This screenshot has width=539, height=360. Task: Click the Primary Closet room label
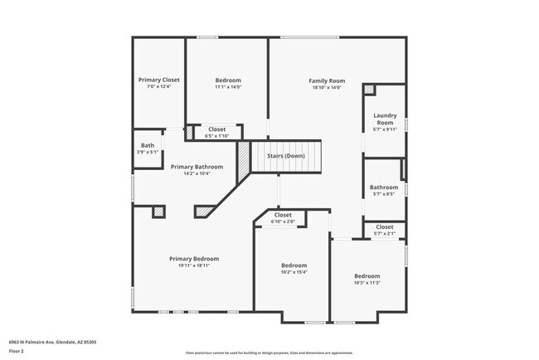click(158, 80)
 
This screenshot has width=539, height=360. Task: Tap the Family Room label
click(327, 80)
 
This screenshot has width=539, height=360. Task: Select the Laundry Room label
click(385, 119)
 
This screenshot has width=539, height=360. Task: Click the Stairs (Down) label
click(285, 155)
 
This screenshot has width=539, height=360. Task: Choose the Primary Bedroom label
click(194, 259)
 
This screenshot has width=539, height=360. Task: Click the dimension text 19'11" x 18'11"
click(194, 265)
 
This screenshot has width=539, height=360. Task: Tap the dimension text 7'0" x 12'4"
click(158, 86)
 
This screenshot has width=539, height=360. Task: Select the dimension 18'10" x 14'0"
click(327, 87)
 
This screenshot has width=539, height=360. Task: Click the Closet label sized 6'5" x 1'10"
click(216, 129)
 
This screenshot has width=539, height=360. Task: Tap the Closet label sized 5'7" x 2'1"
click(385, 226)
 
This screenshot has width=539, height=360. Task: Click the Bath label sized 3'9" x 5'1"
click(147, 145)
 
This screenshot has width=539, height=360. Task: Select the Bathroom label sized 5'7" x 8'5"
click(384, 187)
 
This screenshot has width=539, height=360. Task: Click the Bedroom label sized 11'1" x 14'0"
click(227, 80)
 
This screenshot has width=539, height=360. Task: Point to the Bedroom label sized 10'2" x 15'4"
click(294, 265)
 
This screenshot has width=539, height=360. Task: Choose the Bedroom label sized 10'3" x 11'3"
click(367, 275)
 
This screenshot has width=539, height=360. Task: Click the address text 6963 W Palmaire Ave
click(33, 341)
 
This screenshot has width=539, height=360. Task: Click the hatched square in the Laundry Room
click(369, 90)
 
